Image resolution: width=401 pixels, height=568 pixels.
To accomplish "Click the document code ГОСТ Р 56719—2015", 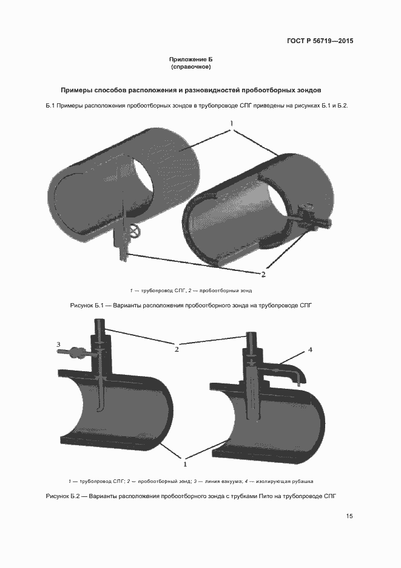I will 320,41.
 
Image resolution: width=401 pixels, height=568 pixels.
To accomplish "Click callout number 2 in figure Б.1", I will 263,274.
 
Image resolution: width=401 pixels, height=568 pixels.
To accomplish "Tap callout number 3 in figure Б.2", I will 58,344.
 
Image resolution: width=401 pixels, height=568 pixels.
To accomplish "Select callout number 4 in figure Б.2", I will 310,350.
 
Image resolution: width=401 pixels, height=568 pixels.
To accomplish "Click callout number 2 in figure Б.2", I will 177,349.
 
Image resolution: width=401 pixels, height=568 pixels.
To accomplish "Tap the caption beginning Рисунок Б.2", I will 191,496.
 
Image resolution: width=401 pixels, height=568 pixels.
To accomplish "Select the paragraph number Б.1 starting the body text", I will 51,106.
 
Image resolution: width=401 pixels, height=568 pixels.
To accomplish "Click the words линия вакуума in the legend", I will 223,481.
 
